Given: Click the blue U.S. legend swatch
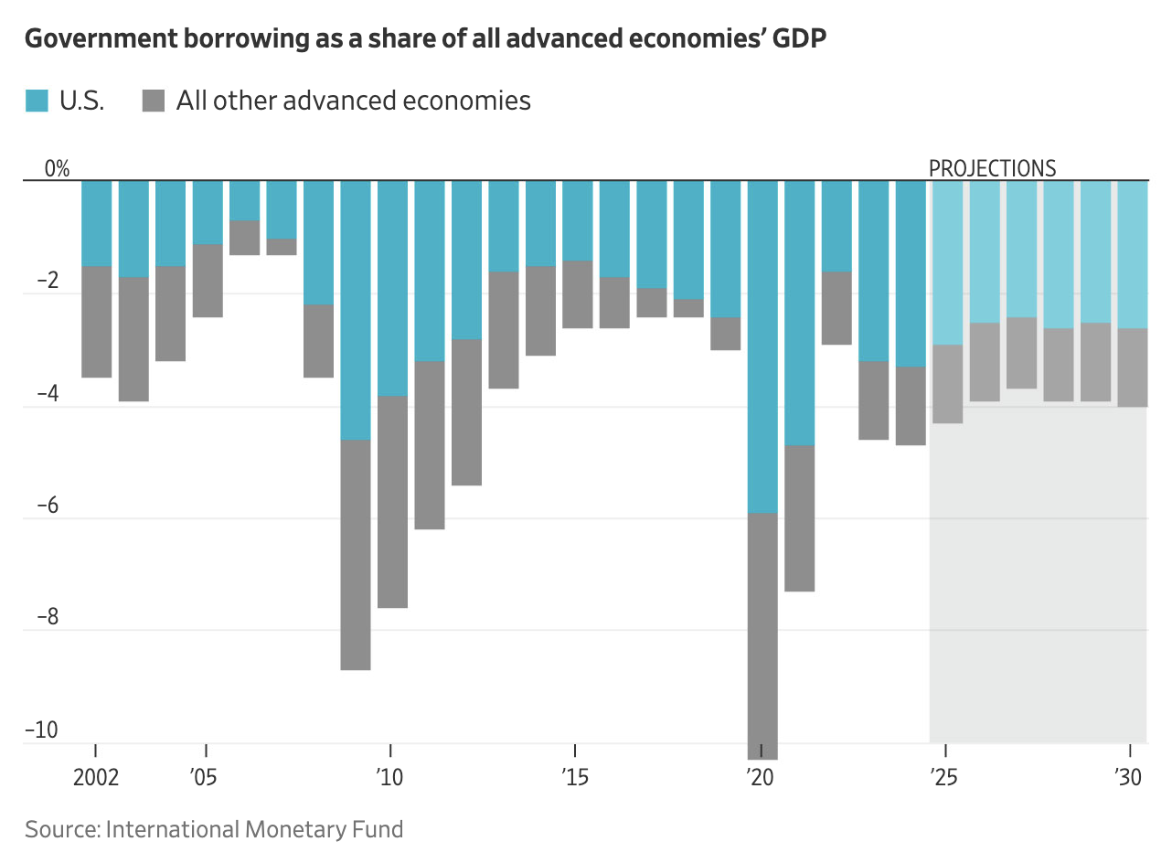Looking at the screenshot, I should point(37,101).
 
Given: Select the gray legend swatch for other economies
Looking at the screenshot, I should point(154,101).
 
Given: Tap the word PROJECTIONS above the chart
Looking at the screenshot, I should point(992,168).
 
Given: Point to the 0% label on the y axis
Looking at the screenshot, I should point(57,168).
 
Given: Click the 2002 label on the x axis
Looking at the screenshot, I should point(96,778).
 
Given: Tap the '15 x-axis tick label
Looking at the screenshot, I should point(575,778).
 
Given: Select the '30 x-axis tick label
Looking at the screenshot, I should point(1127,778).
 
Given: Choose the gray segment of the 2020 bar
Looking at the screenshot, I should point(762,635).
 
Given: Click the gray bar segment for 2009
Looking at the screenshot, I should point(356,555).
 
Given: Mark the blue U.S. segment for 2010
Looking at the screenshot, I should point(392,288).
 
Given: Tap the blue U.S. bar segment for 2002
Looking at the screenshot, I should point(97,223).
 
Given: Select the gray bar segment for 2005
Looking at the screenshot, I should point(208,281).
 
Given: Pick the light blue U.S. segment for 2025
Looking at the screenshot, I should point(947,262).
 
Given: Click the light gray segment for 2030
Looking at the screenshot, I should point(1132,368).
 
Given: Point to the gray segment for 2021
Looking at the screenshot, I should point(799,518).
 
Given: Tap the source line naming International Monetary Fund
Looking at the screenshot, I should point(214,829).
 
